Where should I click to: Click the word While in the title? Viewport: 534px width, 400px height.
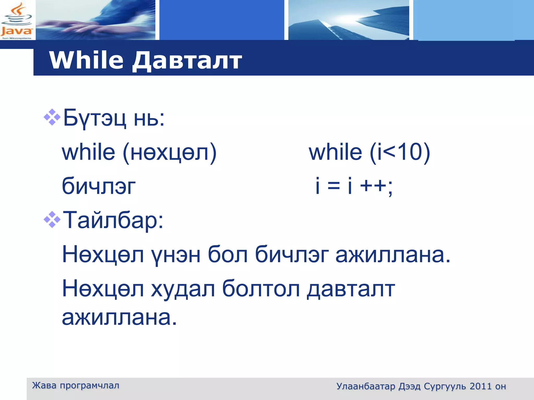[x=86, y=60]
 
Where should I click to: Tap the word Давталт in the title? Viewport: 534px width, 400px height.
[x=187, y=61]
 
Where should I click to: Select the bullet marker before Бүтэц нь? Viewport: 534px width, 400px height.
[x=52, y=117]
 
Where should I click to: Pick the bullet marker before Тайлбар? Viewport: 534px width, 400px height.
[x=52, y=220]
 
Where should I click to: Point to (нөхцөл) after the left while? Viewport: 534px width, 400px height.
[x=169, y=153]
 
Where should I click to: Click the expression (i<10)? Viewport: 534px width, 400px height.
[x=400, y=153]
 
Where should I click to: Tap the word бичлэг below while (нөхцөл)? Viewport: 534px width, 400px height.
[x=99, y=186]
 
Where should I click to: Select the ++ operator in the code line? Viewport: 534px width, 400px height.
[x=373, y=186]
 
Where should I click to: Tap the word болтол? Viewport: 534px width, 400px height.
[x=261, y=289]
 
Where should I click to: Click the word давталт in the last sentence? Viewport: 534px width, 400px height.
[x=351, y=289]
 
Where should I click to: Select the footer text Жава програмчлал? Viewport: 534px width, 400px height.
[x=76, y=385]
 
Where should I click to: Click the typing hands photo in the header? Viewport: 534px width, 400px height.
[x=95, y=20]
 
